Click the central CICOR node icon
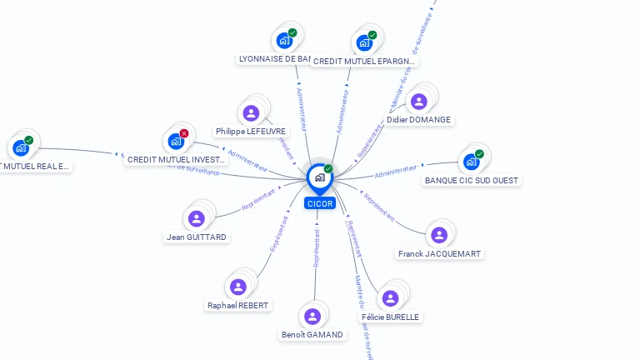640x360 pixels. (x=319, y=177)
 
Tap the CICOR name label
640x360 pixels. (x=320, y=203)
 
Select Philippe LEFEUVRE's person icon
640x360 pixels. (x=251, y=113)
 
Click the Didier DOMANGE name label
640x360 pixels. (x=418, y=120)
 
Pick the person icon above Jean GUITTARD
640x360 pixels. (x=197, y=218)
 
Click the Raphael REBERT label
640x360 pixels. (x=238, y=306)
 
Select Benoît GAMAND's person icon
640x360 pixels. (x=312, y=317)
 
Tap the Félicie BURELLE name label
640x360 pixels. (x=390, y=317)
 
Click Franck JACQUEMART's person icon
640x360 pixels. (x=439, y=235)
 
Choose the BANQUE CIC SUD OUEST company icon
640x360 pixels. (x=472, y=162)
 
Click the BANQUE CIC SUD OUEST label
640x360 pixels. (x=472, y=181)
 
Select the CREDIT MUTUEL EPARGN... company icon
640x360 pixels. (x=364, y=42)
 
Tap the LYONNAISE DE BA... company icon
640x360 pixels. (x=284, y=40)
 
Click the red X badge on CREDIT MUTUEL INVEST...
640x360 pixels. (x=184, y=133)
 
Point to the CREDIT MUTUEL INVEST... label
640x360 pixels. (x=176, y=160)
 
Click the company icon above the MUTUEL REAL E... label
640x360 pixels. (x=21, y=148)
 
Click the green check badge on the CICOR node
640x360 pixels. (x=328, y=169)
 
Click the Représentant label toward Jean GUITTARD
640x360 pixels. (x=258, y=202)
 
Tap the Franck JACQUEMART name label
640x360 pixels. (x=439, y=254)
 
